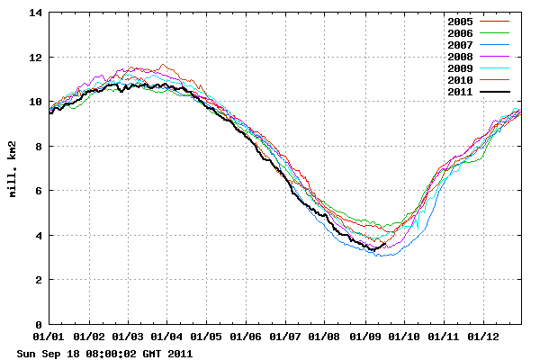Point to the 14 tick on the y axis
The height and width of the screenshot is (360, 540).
click(35, 13)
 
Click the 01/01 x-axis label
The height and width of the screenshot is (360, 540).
click(49, 337)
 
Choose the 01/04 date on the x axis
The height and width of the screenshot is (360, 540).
click(166, 337)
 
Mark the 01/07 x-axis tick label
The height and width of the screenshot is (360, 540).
click(285, 337)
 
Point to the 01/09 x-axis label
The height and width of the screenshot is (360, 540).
click(364, 337)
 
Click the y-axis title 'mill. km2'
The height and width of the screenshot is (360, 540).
click(15, 169)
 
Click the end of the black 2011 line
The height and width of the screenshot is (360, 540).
click(385, 243)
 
